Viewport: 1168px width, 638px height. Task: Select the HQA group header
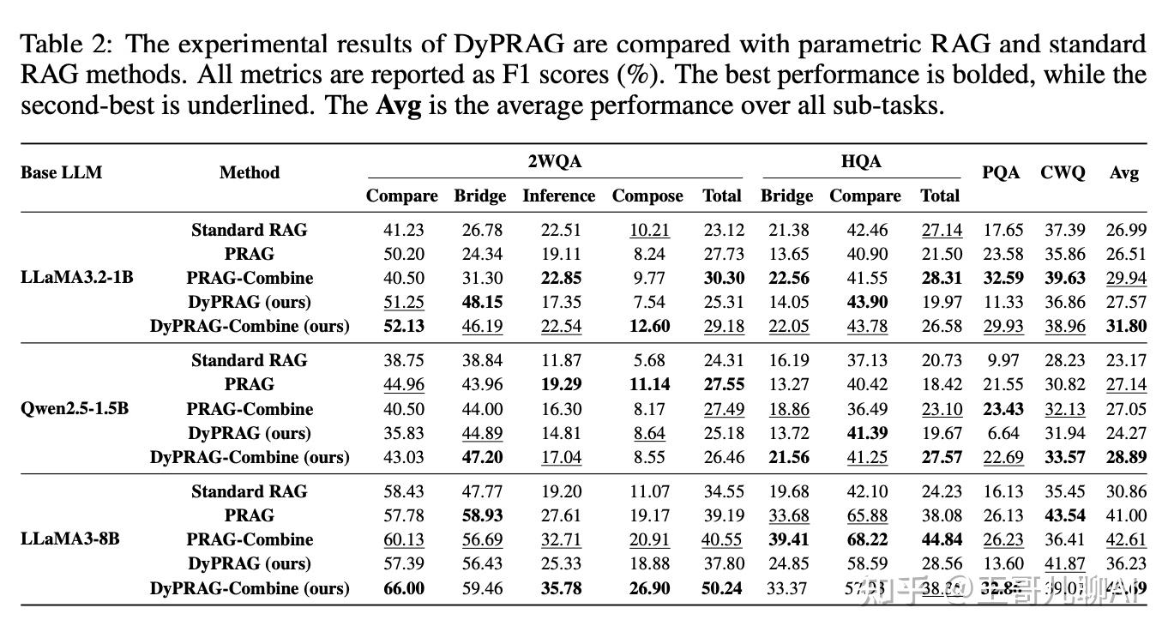pyautogui.click(x=861, y=161)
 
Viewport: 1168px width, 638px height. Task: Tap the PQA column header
pyautogui.click(x=1001, y=172)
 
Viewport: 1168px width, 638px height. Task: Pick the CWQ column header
pyautogui.click(x=1063, y=172)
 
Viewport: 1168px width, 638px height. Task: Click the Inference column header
pyautogui.click(x=558, y=196)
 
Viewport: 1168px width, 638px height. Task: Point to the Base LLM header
pyautogui.click(x=61, y=172)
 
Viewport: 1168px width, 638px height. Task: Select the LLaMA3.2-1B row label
pyautogui.click(x=77, y=278)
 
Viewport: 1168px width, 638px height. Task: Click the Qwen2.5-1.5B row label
pyautogui.click(x=75, y=408)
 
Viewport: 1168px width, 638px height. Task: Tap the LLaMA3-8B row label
pyautogui.click(x=70, y=539)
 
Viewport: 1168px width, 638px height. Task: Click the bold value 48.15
pyautogui.click(x=480, y=302)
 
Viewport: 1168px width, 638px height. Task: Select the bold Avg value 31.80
pyautogui.click(x=1126, y=326)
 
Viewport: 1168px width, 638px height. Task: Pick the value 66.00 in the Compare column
pyautogui.click(x=403, y=588)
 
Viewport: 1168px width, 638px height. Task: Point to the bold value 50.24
pyautogui.click(x=722, y=588)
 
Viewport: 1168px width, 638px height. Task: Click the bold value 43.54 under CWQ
pyautogui.click(x=1065, y=515)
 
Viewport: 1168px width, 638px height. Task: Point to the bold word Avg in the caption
pyautogui.click(x=400, y=107)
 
